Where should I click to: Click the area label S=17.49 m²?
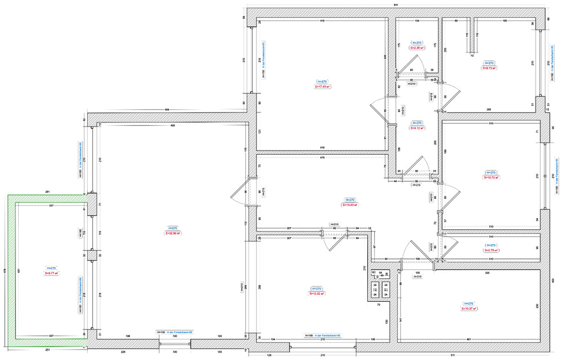(322, 86)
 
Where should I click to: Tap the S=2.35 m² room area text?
(417, 48)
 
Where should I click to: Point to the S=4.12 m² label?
(417, 127)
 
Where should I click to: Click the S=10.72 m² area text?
(491, 176)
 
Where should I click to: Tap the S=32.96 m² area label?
(172, 233)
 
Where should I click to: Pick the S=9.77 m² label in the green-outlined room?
(50, 273)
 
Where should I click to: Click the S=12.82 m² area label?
(317, 294)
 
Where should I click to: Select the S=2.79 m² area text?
(491, 250)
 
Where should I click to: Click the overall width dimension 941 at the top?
(395, 5)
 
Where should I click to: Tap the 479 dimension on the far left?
(4, 271)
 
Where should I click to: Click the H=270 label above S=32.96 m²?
(172, 228)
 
